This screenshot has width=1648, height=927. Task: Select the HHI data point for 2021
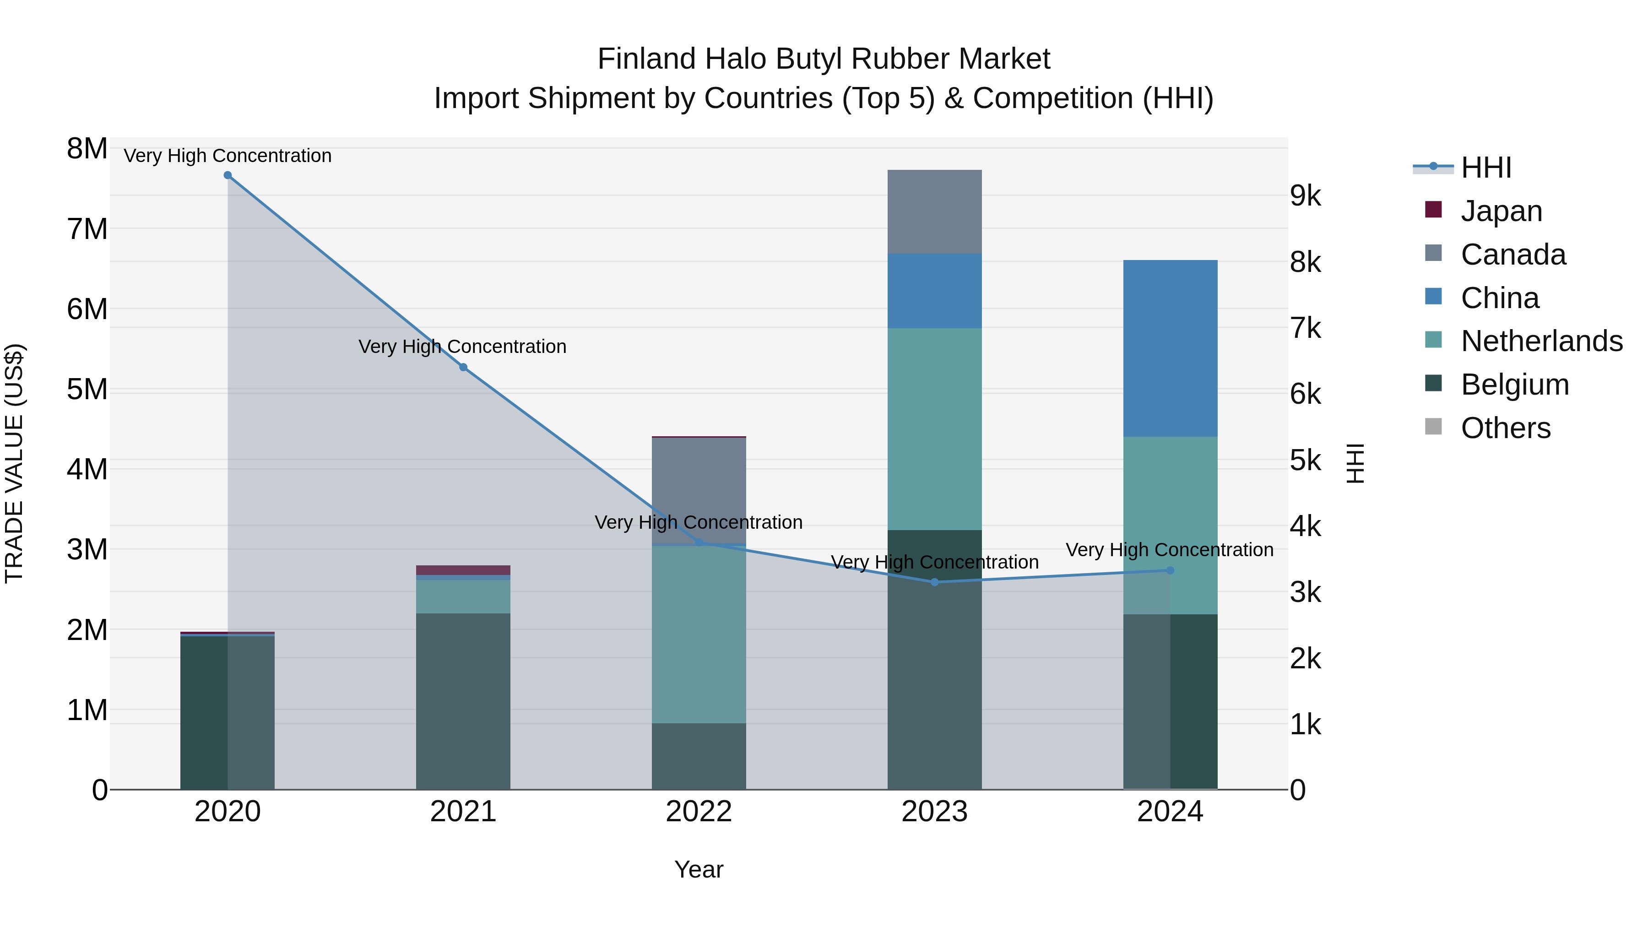point(463,367)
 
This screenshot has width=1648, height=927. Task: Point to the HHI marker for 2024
point(1170,571)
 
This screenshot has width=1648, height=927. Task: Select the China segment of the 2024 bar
point(1170,349)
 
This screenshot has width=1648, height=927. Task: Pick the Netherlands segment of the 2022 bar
point(699,634)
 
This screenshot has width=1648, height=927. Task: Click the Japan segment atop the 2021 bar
point(463,570)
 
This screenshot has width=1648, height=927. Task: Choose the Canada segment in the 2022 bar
point(699,490)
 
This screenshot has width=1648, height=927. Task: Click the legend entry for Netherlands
point(1541,341)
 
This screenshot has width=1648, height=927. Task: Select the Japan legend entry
point(1501,211)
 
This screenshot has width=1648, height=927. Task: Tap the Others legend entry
point(1505,428)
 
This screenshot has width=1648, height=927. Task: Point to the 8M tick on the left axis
point(87,149)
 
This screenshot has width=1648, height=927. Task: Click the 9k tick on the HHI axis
point(1306,196)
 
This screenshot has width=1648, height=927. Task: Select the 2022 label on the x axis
point(699,812)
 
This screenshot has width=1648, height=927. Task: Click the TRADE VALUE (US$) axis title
point(14,463)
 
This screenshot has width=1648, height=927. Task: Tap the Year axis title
point(699,869)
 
